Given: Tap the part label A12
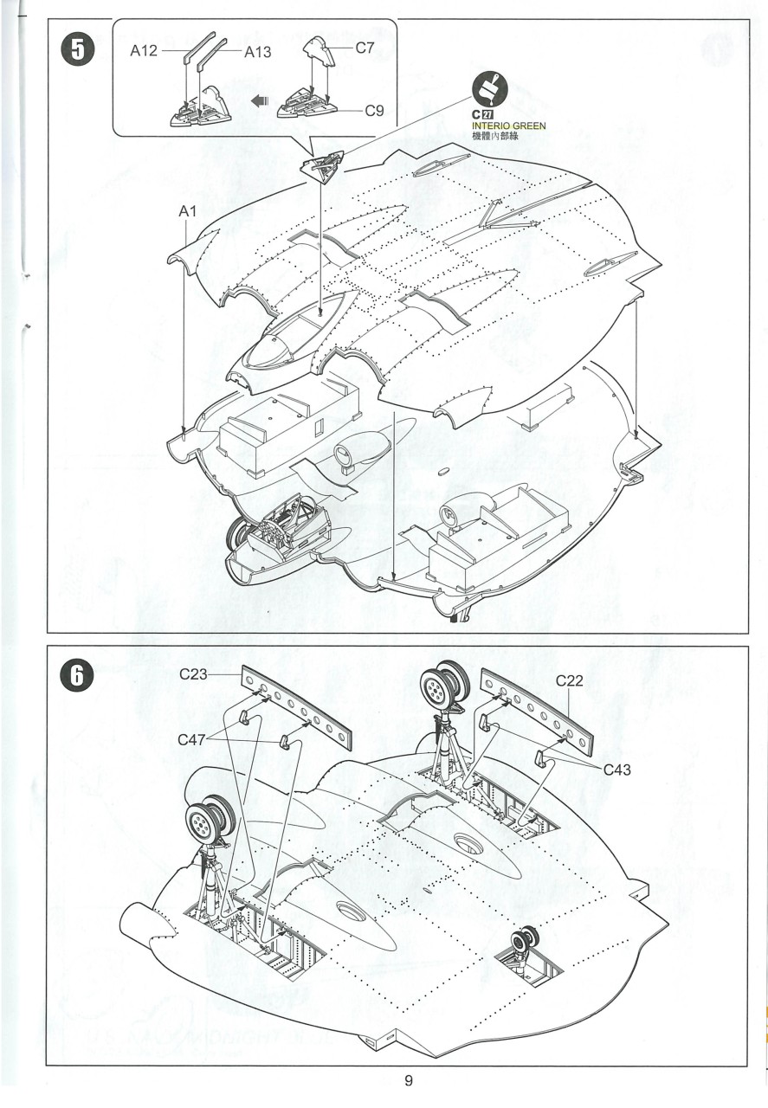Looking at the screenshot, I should [x=144, y=51].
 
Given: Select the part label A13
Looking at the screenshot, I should [x=257, y=52].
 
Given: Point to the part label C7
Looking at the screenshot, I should [x=364, y=48].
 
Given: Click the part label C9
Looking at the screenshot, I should [x=374, y=110].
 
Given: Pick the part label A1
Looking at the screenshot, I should [x=189, y=211].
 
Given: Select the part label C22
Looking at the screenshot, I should [x=571, y=680].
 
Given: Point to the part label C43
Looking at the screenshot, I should [x=619, y=769].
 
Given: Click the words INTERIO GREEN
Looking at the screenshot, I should [x=509, y=126].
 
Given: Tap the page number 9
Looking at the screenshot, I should [x=408, y=1080].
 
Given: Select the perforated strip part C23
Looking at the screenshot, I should [x=299, y=708].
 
